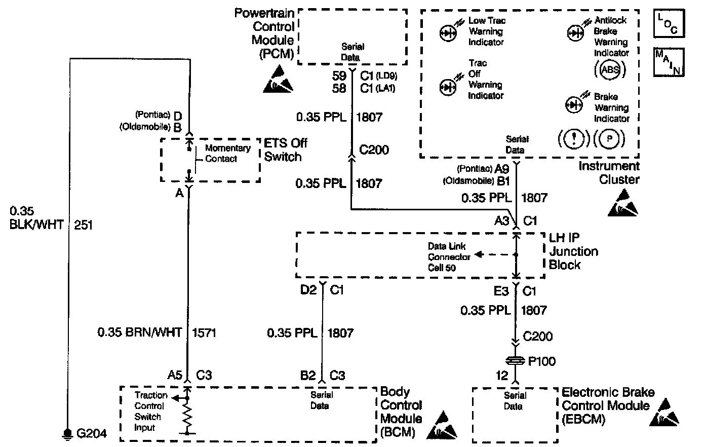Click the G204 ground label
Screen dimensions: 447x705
[x=91, y=434]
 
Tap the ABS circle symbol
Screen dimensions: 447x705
[x=610, y=70]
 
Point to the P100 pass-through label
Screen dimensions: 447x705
[x=541, y=361]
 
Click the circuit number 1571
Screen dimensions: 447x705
[x=204, y=333]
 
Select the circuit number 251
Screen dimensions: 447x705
[x=83, y=224]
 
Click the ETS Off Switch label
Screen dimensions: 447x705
[x=286, y=150]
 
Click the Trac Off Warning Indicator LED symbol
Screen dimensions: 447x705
[x=448, y=87]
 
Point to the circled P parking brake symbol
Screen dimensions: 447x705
[x=609, y=138]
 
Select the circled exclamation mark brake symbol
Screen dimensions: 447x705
[x=573, y=138]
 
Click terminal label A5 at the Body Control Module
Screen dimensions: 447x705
[x=174, y=376]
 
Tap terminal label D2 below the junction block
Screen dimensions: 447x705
[x=308, y=290]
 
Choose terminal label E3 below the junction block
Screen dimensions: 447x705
[x=501, y=290]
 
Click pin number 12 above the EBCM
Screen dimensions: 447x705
[x=501, y=376]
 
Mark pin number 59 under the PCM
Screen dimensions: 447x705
[x=339, y=76]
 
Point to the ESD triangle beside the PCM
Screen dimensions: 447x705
[x=278, y=80]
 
